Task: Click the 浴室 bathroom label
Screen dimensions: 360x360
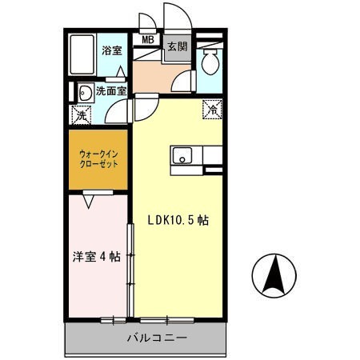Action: (x=112, y=51)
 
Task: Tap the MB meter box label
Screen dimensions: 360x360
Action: (x=148, y=38)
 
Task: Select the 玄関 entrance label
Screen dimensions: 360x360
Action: (x=177, y=46)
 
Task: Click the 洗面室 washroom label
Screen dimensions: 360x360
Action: (x=111, y=91)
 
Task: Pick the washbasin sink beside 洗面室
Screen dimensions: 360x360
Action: (x=83, y=91)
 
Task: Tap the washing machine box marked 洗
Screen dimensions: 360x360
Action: (x=81, y=114)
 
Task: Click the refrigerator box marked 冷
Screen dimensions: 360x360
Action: (x=213, y=106)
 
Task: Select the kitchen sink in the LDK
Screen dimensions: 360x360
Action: (x=181, y=157)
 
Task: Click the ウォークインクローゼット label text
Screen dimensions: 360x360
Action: (x=98, y=156)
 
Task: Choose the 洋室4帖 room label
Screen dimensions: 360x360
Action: (x=96, y=257)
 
